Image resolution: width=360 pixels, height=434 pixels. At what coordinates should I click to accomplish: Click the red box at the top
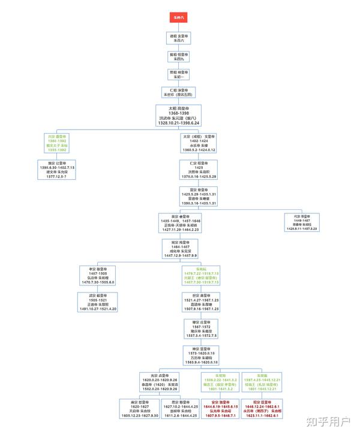pos(179,18)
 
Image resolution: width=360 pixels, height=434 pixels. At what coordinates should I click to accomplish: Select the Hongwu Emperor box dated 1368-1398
pos(179,115)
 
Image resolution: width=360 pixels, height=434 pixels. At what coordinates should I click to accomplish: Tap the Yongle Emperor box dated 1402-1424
pos(199,143)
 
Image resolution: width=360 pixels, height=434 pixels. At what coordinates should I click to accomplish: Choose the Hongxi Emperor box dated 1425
pos(198,170)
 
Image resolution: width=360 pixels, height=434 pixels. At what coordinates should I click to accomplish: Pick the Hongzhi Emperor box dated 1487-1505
pos(101,276)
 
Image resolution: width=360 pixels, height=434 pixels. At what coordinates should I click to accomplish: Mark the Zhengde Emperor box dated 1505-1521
pos(101,302)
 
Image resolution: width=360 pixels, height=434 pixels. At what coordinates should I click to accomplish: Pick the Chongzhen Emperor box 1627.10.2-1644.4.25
pos(179,408)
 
